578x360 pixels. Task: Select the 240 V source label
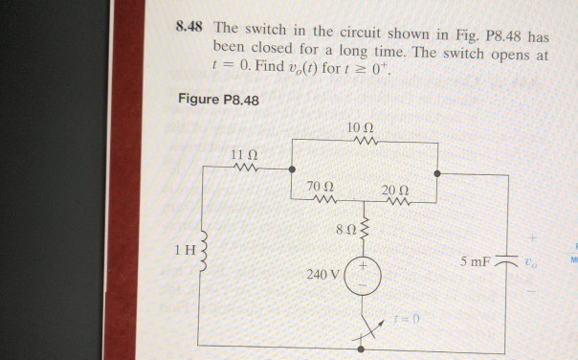click(x=322, y=275)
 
